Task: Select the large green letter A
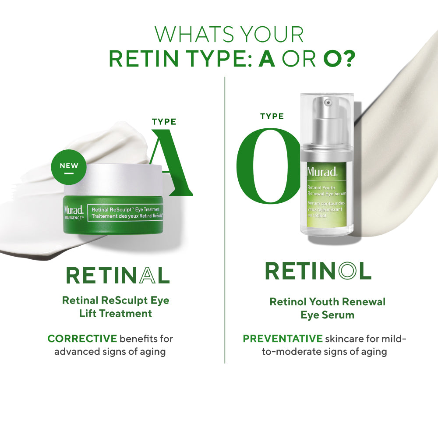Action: click(171, 162)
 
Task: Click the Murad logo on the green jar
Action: click(74, 210)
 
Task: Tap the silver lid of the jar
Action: click(113, 180)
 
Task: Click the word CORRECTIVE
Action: click(82, 339)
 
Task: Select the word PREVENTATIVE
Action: click(283, 339)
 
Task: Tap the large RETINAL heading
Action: click(118, 276)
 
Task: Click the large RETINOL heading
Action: click(318, 271)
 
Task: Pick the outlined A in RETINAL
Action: click(148, 276)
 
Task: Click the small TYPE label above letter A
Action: click(164, 122)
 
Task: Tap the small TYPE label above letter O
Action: click(272, 116)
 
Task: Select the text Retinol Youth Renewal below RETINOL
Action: click(327, 302)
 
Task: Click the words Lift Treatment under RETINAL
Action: click(116, 314)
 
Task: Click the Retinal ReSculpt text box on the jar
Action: click(125, 213)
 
